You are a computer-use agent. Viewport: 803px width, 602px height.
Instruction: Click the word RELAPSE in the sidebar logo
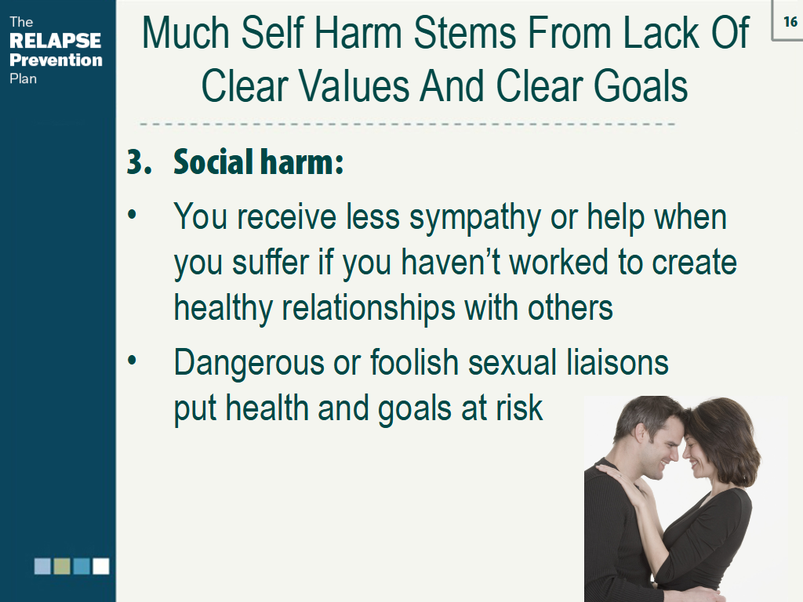(x=55, y=41)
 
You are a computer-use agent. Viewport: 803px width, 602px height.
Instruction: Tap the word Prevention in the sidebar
(x=56, y=60)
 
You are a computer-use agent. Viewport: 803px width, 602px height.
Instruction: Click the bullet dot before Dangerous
(x=133, y=361)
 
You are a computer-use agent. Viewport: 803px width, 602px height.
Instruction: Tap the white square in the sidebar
(x=101, y=566)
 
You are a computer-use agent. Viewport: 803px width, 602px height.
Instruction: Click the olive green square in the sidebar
(x=62, y=566)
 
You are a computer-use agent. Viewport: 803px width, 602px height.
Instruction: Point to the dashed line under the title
(x=408, y=124)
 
